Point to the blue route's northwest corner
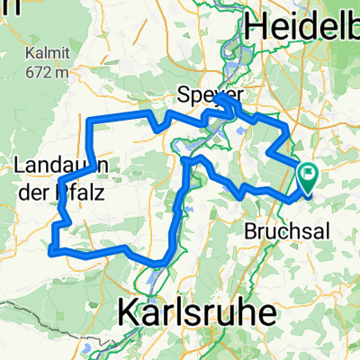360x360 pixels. (89, 120)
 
